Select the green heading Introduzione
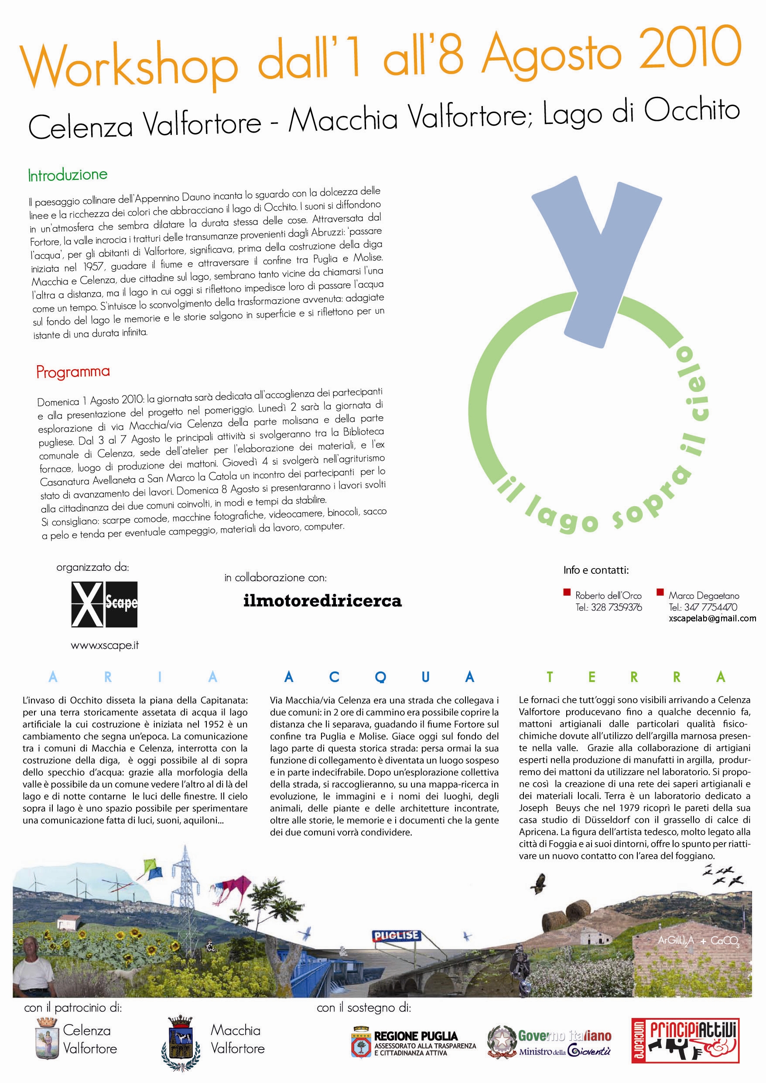click(68, 175)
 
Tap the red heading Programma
click(73, 372)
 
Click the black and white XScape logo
click(104, 604)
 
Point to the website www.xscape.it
click(105, 646)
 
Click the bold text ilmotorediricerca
click(323, 601)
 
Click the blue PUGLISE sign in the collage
click(396, 936)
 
